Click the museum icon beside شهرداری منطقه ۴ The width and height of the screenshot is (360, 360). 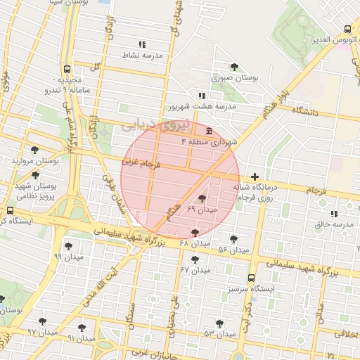click(x=210, y=131)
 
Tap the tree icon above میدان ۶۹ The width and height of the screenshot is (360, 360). click(x=202, y=199)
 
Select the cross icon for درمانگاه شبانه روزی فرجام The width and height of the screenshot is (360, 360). click(x=255, y=176)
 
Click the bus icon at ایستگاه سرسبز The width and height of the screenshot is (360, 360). click(x=252, y=278)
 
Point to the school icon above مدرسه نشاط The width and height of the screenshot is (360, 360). click(x=143, y=44)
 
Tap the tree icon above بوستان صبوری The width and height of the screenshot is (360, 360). click(x=233, y=67)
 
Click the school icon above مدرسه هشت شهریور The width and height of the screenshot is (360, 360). click(x=202, y=96)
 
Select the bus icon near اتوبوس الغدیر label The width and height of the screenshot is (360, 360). click(x=347, y=30)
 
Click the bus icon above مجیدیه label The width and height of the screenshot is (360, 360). click(x=67, y=69)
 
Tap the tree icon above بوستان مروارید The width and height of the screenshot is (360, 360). click(x=34, y=150)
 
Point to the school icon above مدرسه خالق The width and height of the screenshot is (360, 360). click(x=334, y=213)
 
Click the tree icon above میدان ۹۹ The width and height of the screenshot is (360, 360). click(x=68, y=246)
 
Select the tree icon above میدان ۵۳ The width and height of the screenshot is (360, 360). click(x=219, y=323)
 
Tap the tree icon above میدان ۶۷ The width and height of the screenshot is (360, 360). click(x=195, y=259)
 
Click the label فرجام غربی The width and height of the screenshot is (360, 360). click(x=141, y=162)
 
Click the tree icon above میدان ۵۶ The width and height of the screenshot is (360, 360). click(x=233, y=239)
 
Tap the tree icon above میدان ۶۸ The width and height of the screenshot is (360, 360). click(x=195, y=233)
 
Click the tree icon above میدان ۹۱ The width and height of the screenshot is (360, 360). click(x=82, y=327)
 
